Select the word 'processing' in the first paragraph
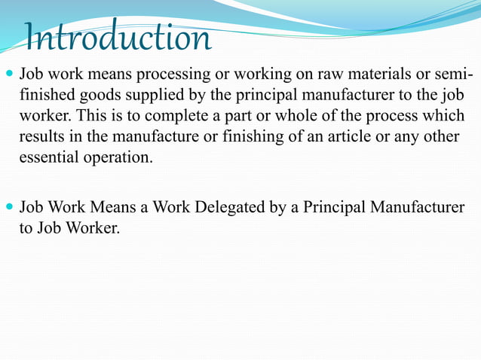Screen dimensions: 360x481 click(x=157, y=76)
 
